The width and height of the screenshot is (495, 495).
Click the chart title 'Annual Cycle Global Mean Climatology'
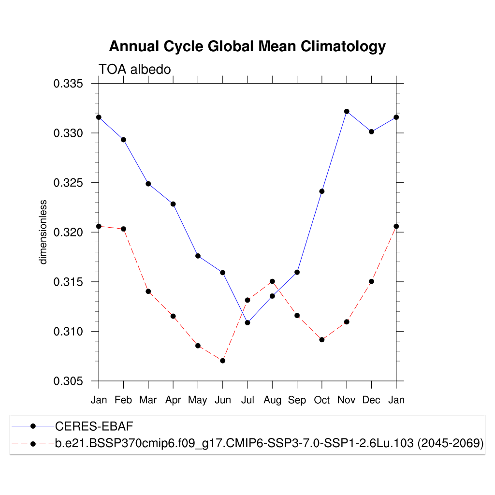pyautogui.click(x=247, y=46)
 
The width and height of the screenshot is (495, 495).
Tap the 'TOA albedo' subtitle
pyautogui.click(x=135, y=70)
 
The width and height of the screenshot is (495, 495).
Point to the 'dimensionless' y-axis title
pyautogui.click(x=44, y=232)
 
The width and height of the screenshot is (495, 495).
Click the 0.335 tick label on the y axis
pyautogui.click(x=68, y=84)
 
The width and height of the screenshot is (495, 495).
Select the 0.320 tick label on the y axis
pyautogui.click(x=68, y=233)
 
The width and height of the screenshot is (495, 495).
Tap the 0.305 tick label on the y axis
pyautogui.click(x=68, y=381)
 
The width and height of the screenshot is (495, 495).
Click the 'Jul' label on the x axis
pyautogui.click(x=247, y=400)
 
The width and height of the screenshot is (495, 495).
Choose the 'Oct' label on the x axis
pyautogui.click(x=322, y=400)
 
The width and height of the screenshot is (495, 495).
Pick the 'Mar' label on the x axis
pyautogui.click(x=148, y=400)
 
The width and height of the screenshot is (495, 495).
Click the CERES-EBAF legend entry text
pyautogui.click(x=94, y=426)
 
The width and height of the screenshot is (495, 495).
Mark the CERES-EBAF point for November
pyautogui.click(x=347, y=111)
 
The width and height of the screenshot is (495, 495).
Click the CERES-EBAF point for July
pyautogui.click(x=247, y=322)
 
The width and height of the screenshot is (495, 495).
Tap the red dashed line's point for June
pyautogui.click(x=223, y=361)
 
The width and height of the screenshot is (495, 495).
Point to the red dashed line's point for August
pyautogui.click(x=272, y=281)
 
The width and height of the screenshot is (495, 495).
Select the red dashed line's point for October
pyautogui.click(x=322, y=340)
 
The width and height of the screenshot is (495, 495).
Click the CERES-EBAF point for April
pyautogui.click(x=173, y=204)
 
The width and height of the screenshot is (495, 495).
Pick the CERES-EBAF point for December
pyautogui.click(x=371, y=131)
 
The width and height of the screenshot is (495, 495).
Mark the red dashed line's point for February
pyautogui.click(x=124, y=229)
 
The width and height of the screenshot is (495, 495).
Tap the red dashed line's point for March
pyautogui.click(x=148, y=291)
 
